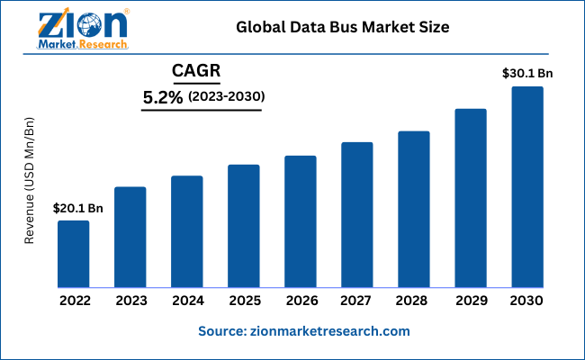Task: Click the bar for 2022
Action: point(74,254)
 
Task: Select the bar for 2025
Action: point(243,226)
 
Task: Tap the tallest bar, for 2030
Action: point(527,187)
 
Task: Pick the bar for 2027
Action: point(357,215)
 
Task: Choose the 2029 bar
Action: point(471,198)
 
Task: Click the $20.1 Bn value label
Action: point(78,208)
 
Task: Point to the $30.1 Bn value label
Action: point(527,74)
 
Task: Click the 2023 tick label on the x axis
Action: point(130,300)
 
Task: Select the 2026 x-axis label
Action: point(301,300)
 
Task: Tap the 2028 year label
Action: point(414,300)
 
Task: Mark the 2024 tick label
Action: point(187,300)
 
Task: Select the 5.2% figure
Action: point(163,96)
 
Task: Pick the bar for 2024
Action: point(187,231)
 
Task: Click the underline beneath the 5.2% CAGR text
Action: point(202,111)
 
